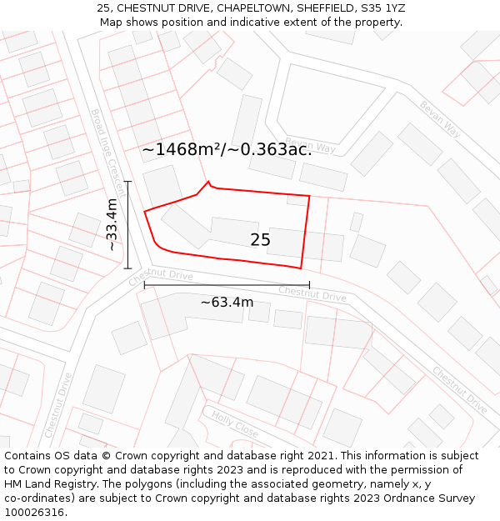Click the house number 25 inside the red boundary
tap(260, 240)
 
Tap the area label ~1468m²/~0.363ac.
tap(227, 149)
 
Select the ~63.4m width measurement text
tap(227, 302)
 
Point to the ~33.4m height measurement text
tap(112, 224)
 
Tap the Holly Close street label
tap(234, 424)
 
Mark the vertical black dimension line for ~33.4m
tap(127, 224)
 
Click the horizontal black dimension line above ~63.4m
tap(227, 285)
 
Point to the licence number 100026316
tap(36, 512)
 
